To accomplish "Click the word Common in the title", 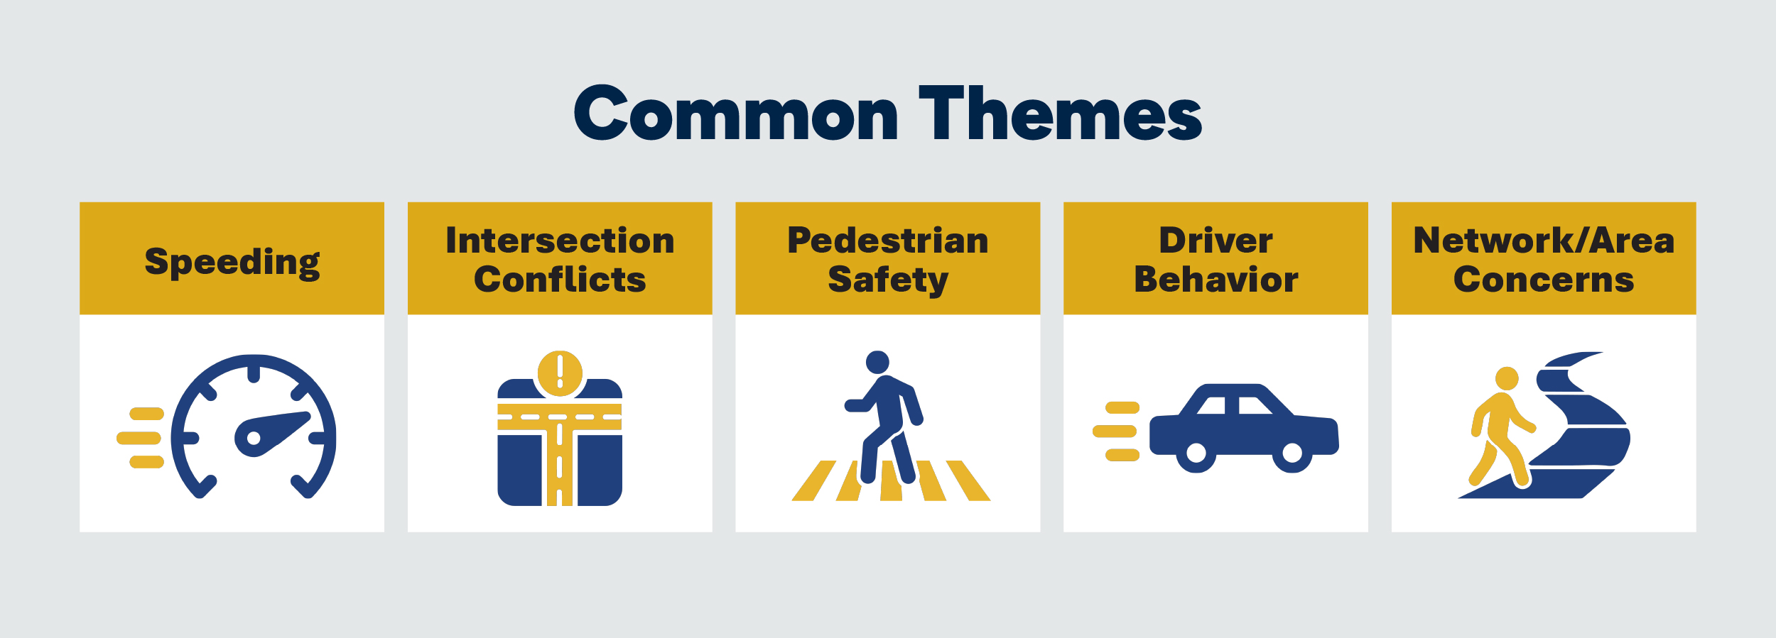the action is coord(736,113).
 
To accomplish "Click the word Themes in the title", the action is coord(1060,111).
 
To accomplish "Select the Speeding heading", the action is coord(232,263).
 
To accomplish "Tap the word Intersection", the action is coord(560,240).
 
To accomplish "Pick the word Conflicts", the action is coord(560,279).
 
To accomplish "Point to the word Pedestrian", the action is coord(888,240).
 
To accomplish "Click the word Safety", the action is coord(888,280).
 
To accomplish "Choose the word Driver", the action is coord(1215,240).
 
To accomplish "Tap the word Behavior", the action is coord(1215,279).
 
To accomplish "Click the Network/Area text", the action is coord(1544,240).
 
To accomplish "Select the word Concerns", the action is coord(1544,279).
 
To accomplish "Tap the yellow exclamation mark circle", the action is coord(560,373).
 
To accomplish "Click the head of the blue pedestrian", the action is coord(877,362).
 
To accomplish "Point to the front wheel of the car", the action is coord(1292,453).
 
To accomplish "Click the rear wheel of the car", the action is coord(1196,453).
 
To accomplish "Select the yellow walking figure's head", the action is coord(1507,378).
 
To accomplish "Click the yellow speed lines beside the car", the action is coord(1116,431).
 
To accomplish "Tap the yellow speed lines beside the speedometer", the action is coord(141,438).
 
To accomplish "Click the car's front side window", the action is coord(1255,405).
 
